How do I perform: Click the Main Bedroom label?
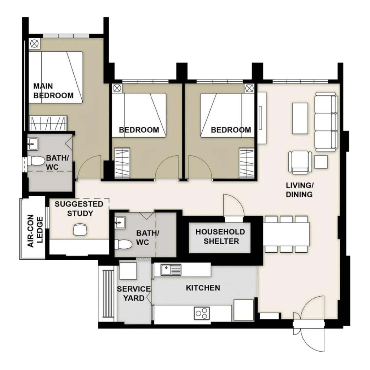53,91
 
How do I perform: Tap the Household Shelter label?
220,236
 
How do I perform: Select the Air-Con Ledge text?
35,231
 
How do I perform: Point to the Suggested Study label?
79,208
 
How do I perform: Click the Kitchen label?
203,288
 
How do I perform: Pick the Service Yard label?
134,293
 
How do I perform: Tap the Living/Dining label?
300,190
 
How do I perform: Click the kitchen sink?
171,270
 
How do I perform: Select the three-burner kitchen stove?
202,313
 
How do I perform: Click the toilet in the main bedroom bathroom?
36,161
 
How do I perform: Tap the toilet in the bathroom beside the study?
123,245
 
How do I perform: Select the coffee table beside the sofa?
300,119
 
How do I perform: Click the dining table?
286,234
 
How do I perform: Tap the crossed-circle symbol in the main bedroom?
34,44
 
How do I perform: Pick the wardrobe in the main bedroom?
48,123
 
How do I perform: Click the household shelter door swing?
234,205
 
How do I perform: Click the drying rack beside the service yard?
108,294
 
